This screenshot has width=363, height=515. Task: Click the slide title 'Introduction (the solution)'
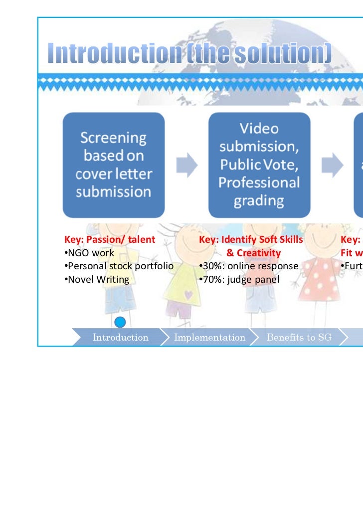(x=189, y=54)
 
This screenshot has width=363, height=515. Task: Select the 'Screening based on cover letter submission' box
(x=113, y=164)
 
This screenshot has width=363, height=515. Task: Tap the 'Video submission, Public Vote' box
(x=259, y=164)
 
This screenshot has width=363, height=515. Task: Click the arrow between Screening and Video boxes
(x=186, y=165)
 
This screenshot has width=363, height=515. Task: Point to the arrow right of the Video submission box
(x=332, y=165)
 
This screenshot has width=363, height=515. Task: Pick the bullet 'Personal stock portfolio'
(x=119, y=266)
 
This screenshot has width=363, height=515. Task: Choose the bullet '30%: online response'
(x=248, y=266)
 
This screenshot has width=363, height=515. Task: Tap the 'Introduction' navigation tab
(x=120, y=338)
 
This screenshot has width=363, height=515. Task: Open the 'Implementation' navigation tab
(x=209, y=338)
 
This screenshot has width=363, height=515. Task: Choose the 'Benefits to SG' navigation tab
(x=299, y=338)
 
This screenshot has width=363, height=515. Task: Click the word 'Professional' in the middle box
(x=259, y=183)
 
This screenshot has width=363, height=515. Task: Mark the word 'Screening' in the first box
(x=114, y=138)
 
